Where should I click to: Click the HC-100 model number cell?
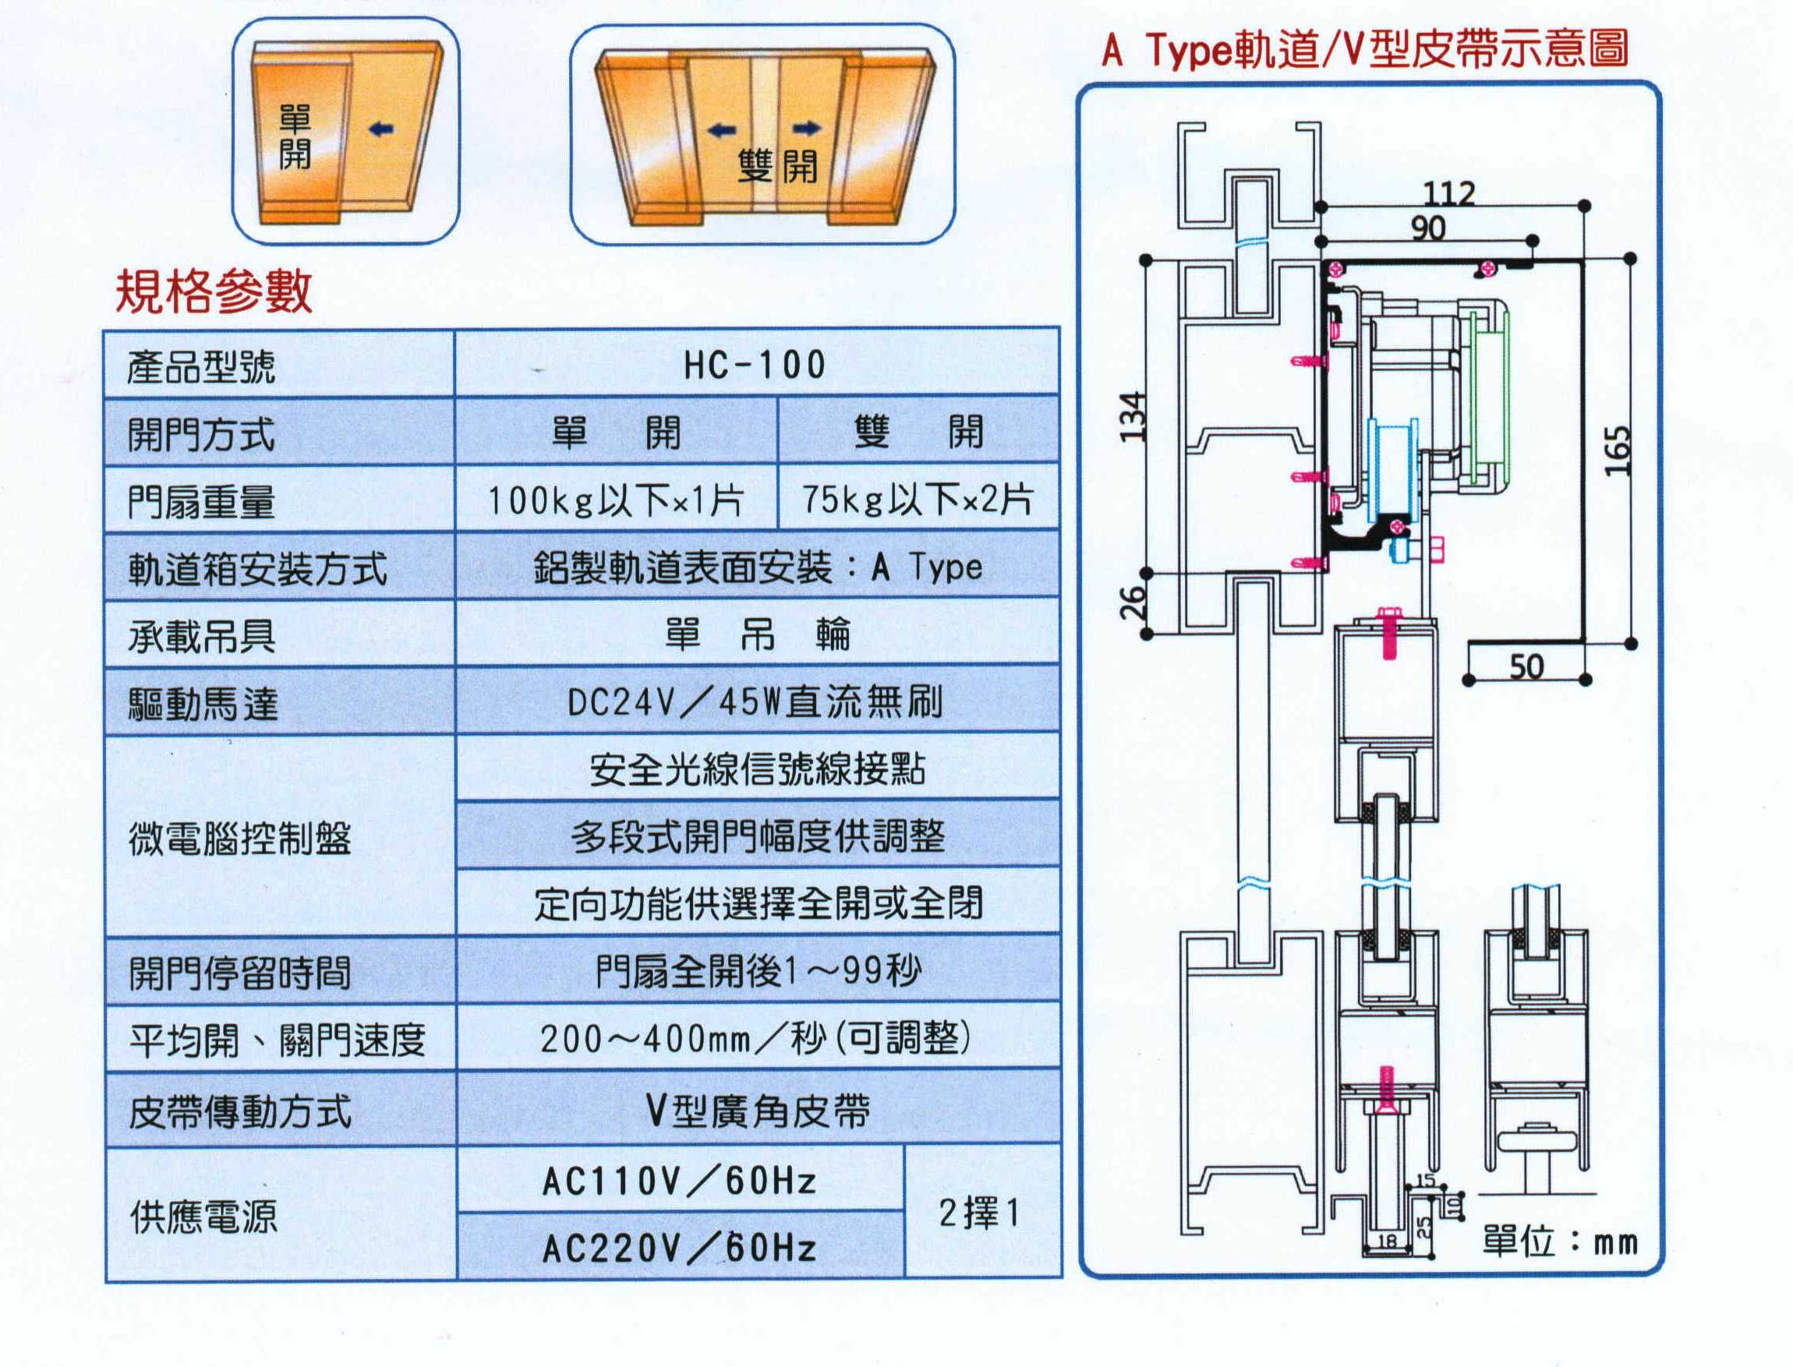point(755,365)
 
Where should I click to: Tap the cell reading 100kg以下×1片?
point(615,500)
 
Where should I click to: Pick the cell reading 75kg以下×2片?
point(918,500)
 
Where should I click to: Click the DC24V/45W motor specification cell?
point(755,701)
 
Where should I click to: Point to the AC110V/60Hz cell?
point(679,1181)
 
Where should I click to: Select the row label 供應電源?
point(203,1217)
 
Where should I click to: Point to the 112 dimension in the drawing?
point(1448,193)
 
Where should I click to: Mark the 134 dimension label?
point(1133,416)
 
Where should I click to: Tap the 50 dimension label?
point(1526,667)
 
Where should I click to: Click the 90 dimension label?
point(1428,228)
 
